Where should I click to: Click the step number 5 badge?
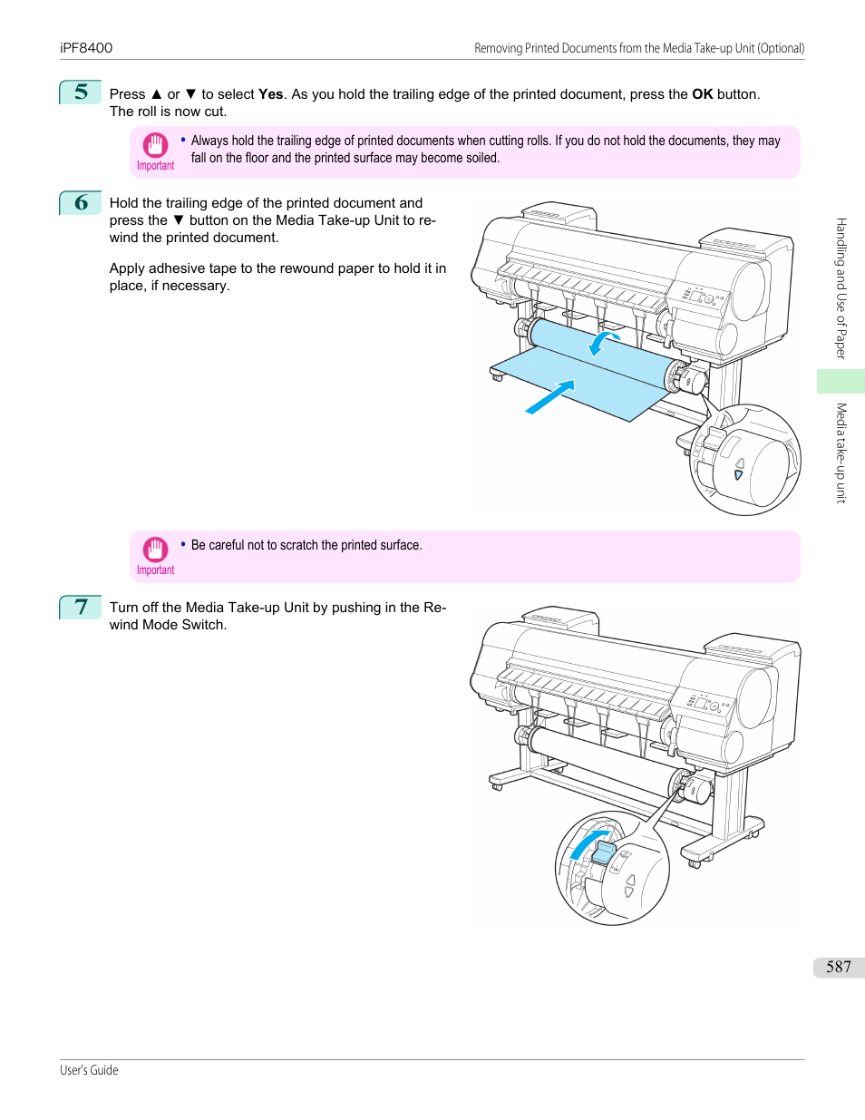pyautogui.click(x=81, y=93)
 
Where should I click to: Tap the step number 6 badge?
pyautogui.click(x=81, y=202)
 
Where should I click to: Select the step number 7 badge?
pyautogui.click(x=81, y=607)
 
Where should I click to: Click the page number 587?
pyautogui.click(x=838, y=967)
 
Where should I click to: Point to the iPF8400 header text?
pyautogui.click(x=86, y=48)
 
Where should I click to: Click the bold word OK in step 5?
pyautogui.click(x=702, y=94)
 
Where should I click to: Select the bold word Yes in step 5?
pyautogui.click(x=270, y=94)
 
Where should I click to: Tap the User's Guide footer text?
pyautogui.click(x=89, y=1070)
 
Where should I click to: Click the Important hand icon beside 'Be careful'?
pyautogui.click(x=155, y=550)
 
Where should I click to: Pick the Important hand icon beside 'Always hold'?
pyautogui.click(x=155, y=145)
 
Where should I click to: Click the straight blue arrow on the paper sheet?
pyautogui.click(x=550, y=396)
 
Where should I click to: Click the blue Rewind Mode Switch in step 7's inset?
pyautogui.click(x=603, y=852)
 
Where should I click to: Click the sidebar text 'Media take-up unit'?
pyautogui.click(x=841, y=453)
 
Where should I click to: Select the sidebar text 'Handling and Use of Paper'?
pyautogui.click(x=841, y=288)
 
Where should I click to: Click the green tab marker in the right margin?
pyautogui.click(x=841, y=381)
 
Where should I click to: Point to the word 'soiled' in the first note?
pyautogui.click(x=482, y=158)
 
